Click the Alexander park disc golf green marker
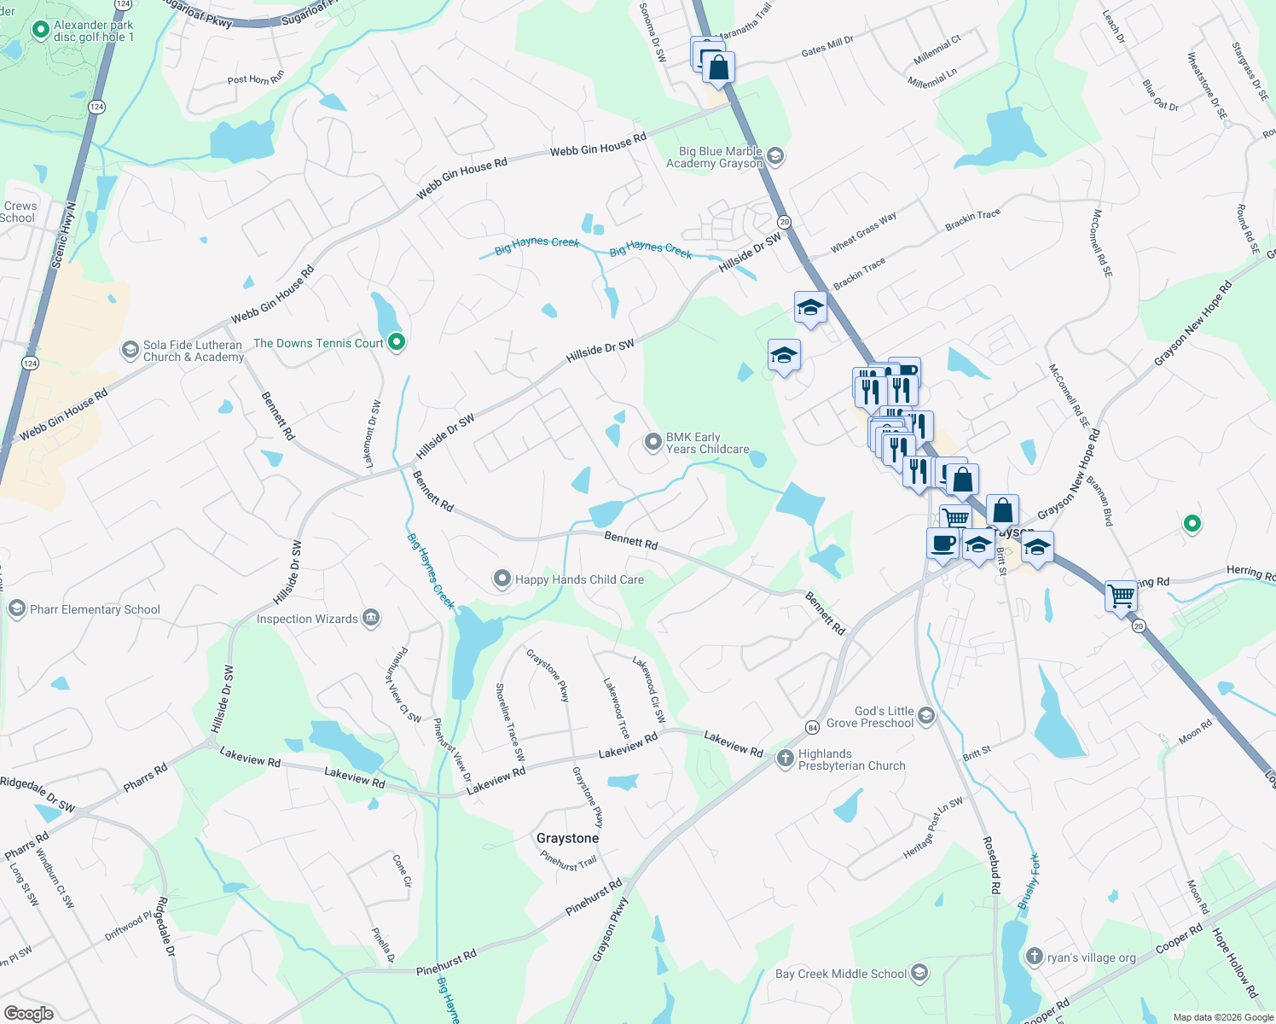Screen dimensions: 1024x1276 (x=39, y=31)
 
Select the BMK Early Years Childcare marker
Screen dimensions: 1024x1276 (x=652, y=442)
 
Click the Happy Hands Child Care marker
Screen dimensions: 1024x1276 (x=502, y=579)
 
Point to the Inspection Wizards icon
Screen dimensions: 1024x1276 (x=370, y=618)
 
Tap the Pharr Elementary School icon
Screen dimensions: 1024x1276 (x=16, y=608)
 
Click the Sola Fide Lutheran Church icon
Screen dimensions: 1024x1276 (x=130, y=350)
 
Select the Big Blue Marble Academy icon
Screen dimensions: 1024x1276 (x=775, y=156)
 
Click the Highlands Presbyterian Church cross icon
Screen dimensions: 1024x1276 (x=785, y=759)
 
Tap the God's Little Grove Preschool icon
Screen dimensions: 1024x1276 (x=927, y=715)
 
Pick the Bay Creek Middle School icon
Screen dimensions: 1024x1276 (x=919, y=972)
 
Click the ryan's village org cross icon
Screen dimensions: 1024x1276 (x=1034, y=957)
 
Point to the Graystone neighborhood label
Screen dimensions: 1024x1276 (x=567, y=838)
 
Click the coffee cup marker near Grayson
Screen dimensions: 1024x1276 (x=942, y=543)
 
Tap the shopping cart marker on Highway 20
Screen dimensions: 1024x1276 (x=1121, y=595)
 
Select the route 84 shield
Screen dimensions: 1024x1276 (x=812, y=727)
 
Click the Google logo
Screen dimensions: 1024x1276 (x=28, y=1014)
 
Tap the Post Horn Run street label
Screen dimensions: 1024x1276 (x=255, y=79)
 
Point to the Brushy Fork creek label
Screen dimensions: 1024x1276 (x=1029, y=881)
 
